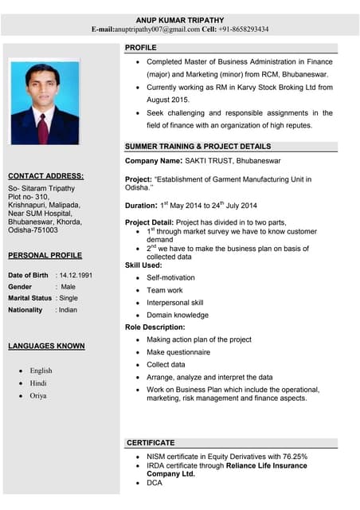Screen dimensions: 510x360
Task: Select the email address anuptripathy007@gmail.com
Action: [x=157, y=29]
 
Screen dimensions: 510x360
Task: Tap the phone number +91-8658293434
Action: [x=245, y=29]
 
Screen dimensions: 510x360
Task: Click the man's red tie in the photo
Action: [x=43, y=127]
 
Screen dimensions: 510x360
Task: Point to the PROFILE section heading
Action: [x=141, y=49]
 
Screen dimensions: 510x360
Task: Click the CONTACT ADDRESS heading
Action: [x=45, y=175]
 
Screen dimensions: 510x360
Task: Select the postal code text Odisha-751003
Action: [x=33, y=230]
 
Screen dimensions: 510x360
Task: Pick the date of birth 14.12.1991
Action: [x=74, y=275]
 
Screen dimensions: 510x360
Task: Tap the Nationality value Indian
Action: [x=68, y=309]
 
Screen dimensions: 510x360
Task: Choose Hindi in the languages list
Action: [x=38, y=383]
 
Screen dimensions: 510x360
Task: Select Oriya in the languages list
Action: [x=38, y=395]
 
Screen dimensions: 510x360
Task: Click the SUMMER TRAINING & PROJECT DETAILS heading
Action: [x=198, y=147]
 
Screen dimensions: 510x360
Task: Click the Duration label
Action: [x=141, y=205]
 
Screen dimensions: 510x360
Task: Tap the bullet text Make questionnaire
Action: [x=178, y=352]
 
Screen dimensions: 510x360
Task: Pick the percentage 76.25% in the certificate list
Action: [x=292, y=457]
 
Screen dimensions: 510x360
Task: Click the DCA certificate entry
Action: [x=155, y=483]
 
